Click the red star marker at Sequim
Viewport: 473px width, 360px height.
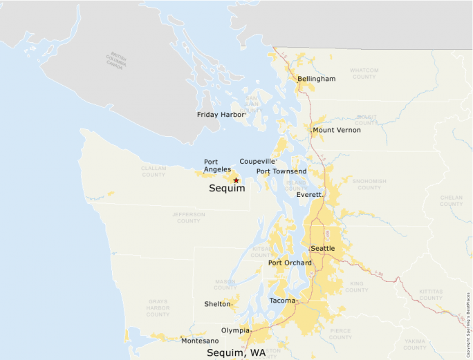click(236, 180)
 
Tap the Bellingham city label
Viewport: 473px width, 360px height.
click(316, 79)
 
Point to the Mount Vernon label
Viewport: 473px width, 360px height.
click(336, 130)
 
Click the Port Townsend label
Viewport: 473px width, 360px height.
click(281, 171)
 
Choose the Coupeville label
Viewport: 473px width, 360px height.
click(257, 161)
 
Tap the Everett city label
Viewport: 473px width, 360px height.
click(309, 195)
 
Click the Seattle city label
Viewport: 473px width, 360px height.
click(322, 248)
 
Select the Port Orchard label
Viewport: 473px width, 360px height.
click(290, 263)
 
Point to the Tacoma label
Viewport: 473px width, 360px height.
click(282, 301)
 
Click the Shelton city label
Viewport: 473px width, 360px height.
click(218, 304)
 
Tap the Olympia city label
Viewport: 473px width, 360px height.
click(235, 330)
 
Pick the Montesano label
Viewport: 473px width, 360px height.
click(200, 341)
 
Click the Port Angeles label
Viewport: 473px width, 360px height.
click(217, 165)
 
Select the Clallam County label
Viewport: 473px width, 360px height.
click(154, 171)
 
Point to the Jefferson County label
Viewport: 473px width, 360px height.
click(189, 218)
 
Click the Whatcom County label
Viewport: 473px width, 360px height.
click(364, 73)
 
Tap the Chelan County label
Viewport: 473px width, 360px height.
click(451, 200)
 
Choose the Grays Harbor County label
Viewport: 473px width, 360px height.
click(158, 308)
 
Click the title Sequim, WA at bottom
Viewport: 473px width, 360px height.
click(236, 352)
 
